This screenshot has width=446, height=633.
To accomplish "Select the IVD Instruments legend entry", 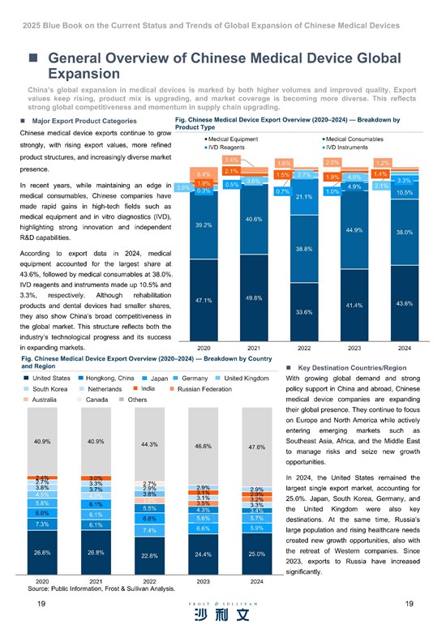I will [352, 148].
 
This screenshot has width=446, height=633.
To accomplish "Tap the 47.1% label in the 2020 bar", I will [204, 300].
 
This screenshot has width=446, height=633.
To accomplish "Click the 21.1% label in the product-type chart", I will [304, 197].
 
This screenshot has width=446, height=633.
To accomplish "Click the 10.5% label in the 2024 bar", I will [405, 193].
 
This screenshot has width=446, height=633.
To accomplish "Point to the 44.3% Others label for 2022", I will [148, 444].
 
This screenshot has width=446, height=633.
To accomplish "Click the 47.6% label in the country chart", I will [256, 447].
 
